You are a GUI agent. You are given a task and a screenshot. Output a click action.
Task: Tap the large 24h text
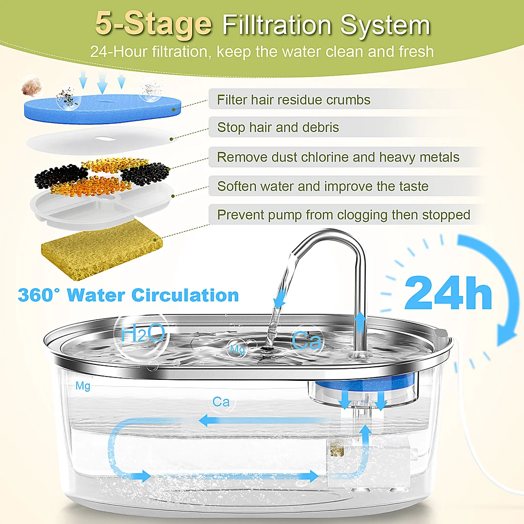(x=448, y=293)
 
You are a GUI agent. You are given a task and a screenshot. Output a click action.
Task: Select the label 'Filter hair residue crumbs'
(x=294, y=100)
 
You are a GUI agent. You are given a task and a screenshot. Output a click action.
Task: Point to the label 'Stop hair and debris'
(x=278, y=127)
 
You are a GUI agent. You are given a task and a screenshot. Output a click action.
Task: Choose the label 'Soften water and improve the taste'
(x=323, y=186)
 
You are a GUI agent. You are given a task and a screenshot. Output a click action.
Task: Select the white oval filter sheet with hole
(x=102, y=139)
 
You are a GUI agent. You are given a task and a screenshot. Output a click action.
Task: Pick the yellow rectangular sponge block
(x=101, y=251)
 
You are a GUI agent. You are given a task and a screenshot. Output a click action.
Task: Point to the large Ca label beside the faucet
(x=307, y=340)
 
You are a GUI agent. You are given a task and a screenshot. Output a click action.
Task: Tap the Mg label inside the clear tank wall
(x=83, y=386)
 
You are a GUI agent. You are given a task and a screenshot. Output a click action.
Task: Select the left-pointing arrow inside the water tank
(x=264, y=420)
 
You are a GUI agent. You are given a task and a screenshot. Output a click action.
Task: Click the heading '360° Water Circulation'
(x=128, y=295)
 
